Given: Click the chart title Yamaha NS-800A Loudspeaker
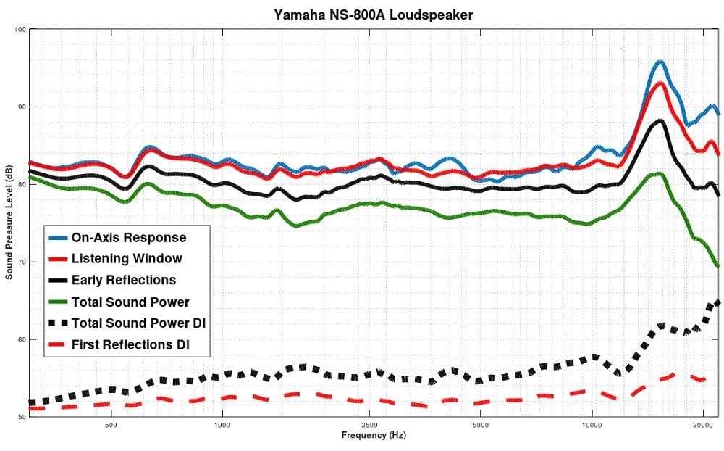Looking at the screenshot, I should click(373, 14).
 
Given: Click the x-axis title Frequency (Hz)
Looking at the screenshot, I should click(373, 436).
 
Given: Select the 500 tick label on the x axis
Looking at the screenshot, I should click(111, 425).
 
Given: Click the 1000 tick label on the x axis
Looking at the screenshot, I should click(222, 425).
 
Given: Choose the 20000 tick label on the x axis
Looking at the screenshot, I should click(703, 425).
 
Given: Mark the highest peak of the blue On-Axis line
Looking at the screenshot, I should click(660, 62).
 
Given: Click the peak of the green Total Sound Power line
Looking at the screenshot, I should click(659, 173).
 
